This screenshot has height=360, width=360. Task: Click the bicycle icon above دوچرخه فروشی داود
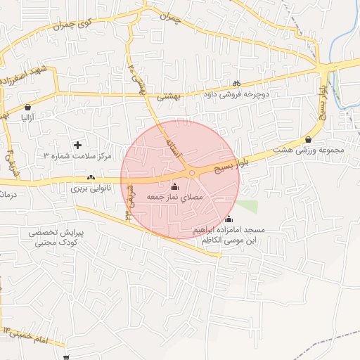[x=237, y=82]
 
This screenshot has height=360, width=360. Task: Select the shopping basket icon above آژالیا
[x=27, y=108]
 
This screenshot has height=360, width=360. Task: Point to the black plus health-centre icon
[x=77, y=144]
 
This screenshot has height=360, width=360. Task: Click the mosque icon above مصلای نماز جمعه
[x=174, y=187]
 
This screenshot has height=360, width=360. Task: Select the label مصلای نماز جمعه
[x=174, y=198]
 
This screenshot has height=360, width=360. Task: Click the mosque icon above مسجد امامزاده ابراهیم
[x=229, y=219]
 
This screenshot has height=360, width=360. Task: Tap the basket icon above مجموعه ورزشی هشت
[x=309, y=139]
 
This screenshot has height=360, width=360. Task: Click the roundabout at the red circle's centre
[x=191, y=172]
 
